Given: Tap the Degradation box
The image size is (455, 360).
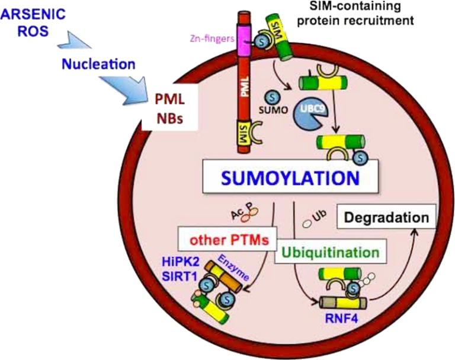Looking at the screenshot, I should (387, 218).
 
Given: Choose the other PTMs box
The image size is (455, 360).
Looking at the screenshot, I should (225, 241).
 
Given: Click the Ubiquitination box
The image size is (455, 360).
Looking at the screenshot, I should (330, 253).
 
